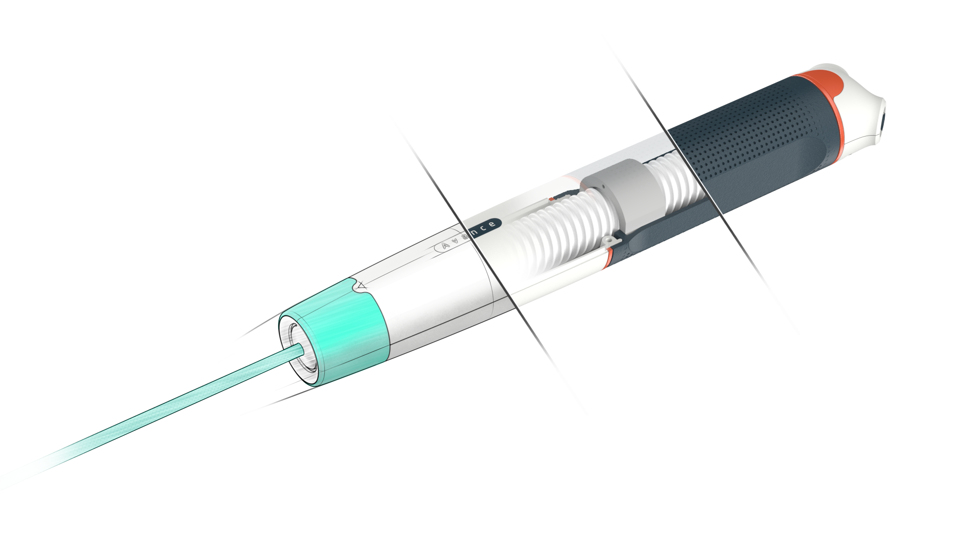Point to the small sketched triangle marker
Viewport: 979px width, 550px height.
click(x=362, y=287)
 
